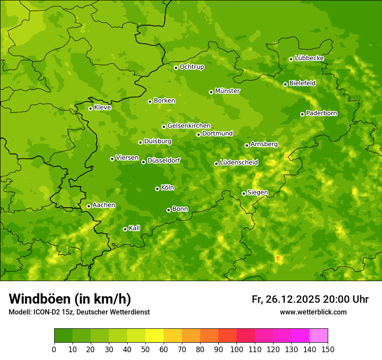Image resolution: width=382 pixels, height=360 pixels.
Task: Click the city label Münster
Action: coord(227,91)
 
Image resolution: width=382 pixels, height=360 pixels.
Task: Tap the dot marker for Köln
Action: coord(157,189)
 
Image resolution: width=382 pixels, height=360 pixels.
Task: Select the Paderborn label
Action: coord(321,113)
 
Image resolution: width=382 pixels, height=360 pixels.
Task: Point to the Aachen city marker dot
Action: coord(89,206)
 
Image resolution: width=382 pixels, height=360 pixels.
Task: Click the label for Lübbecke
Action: coord(309,58)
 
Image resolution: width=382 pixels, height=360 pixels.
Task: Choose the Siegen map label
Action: coord(257,193)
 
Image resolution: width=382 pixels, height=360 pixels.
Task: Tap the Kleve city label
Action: coord(102,108)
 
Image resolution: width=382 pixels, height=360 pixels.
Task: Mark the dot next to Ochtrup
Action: coord(176,68)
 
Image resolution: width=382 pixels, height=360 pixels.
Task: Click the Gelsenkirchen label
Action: coord(189,126)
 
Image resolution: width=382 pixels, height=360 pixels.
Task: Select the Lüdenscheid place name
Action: coord(239,163)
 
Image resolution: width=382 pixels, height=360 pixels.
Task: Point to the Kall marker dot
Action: coord(125,229)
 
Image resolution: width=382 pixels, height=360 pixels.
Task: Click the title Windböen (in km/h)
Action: coord(70,299)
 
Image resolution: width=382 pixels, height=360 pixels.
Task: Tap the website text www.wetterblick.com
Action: coord(313,312)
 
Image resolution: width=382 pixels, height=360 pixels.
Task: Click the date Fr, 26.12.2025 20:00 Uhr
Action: coord(310,299)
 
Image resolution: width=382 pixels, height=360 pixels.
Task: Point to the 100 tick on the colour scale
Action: coord(237,349)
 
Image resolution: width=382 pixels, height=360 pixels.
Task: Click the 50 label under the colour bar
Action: coord(145,349)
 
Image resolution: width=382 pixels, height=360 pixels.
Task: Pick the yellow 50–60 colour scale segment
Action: coord(155,336)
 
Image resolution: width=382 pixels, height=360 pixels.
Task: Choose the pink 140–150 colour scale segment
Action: coord(319,336)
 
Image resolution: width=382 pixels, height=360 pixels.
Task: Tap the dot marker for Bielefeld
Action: coord(285,84)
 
